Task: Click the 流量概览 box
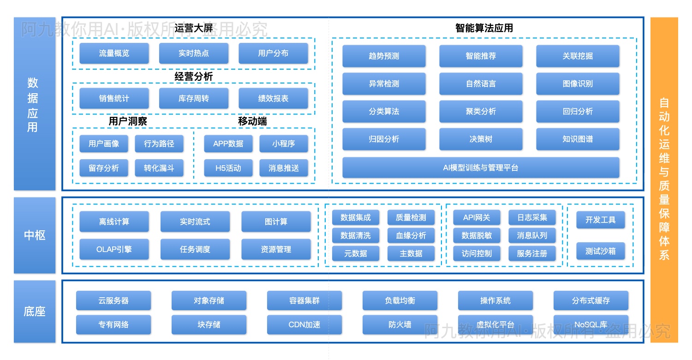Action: (114, 54)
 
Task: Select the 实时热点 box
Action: (194, 54)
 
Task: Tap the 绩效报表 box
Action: (273, 98)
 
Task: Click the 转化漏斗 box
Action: (159, 168)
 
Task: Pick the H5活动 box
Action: (228, 168)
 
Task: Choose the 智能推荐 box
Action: (481, 56)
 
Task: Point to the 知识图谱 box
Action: (578, 139)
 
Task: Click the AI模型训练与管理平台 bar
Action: (481, 168)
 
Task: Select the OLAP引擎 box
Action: (114, 249)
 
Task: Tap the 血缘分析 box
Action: (411, 235)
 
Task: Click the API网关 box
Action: (477, 217)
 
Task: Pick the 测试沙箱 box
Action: (600, 251)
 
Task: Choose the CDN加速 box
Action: (304, 324)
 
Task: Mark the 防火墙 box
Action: (400, 324)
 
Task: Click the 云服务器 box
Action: (113, 300)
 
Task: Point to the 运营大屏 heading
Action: (194, 29)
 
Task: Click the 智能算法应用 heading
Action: (484, 28)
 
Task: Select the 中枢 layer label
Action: (35, 235)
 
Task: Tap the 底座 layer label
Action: (35, 312)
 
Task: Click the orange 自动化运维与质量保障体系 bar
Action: (664, 180)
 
